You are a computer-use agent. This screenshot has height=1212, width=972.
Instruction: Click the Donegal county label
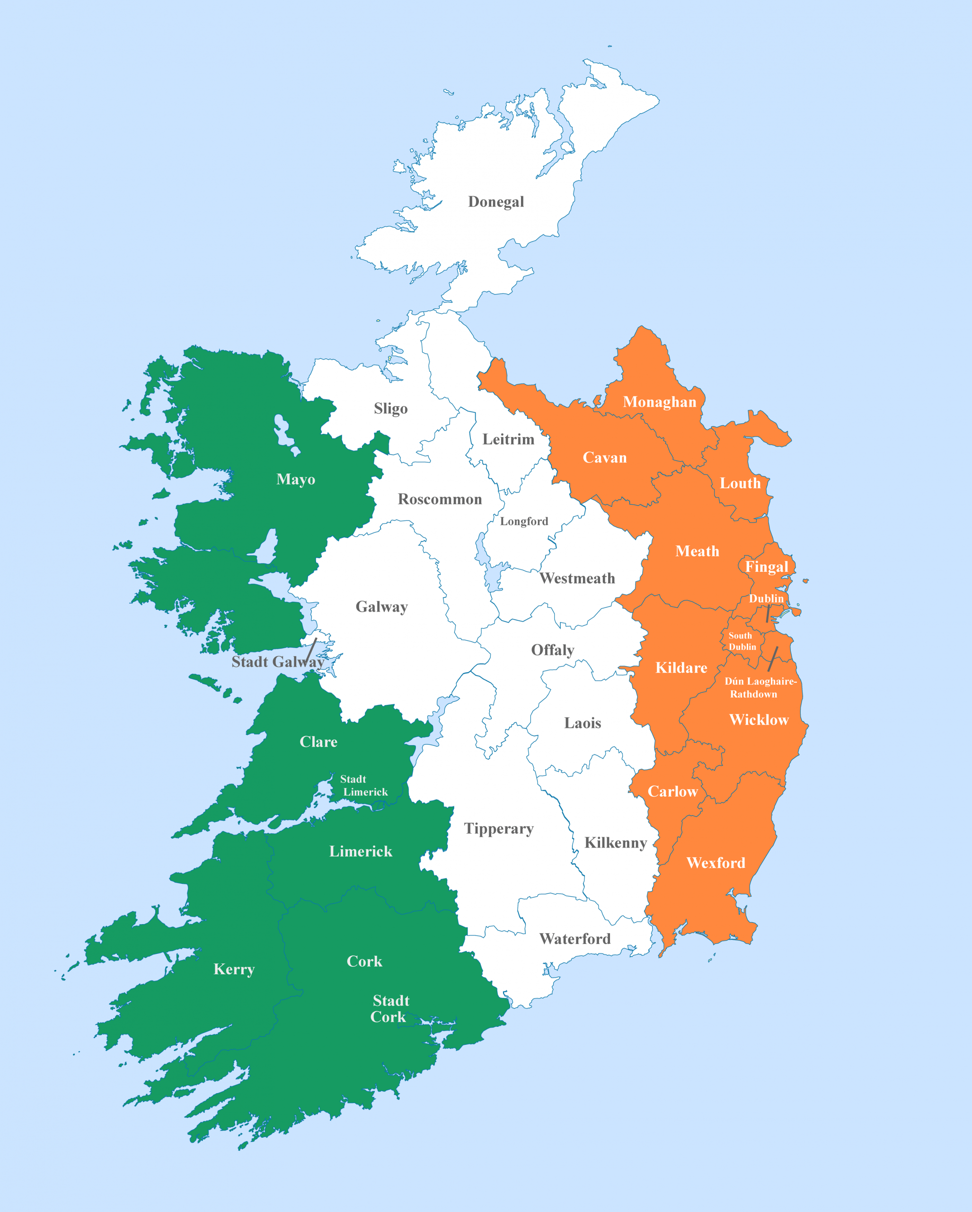click(495, 202)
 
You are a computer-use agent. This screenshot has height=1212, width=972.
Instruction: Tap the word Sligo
click(390, 408)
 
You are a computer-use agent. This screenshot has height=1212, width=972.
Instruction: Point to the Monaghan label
click(659, 402)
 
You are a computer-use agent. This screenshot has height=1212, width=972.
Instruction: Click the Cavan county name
click(605, 458)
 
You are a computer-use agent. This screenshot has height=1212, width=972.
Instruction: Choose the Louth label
click(740, 483)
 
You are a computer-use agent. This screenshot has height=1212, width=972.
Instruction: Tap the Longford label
click(524, 521)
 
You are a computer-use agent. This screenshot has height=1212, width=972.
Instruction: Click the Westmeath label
click(577, 579)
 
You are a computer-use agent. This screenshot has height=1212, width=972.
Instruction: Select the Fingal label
click(766, 567)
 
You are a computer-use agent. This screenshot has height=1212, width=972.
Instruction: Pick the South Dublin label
click(742, 642)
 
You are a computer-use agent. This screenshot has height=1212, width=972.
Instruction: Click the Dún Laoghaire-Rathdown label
click(760, 687)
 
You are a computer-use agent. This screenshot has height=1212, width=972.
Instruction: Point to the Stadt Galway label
click(278, 662)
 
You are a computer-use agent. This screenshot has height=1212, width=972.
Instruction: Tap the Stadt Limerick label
click(363, 785)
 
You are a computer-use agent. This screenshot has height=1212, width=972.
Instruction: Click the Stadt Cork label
click(389, 1008)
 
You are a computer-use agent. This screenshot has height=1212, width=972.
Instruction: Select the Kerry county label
click(234, 969)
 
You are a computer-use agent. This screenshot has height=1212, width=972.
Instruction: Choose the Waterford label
click(575, 939)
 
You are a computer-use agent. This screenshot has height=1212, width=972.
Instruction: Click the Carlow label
click(672, 792)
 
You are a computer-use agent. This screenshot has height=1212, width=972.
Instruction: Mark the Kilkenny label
click(615, 843)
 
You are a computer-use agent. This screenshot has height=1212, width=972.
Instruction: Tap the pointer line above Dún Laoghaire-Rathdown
click(773, 659)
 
